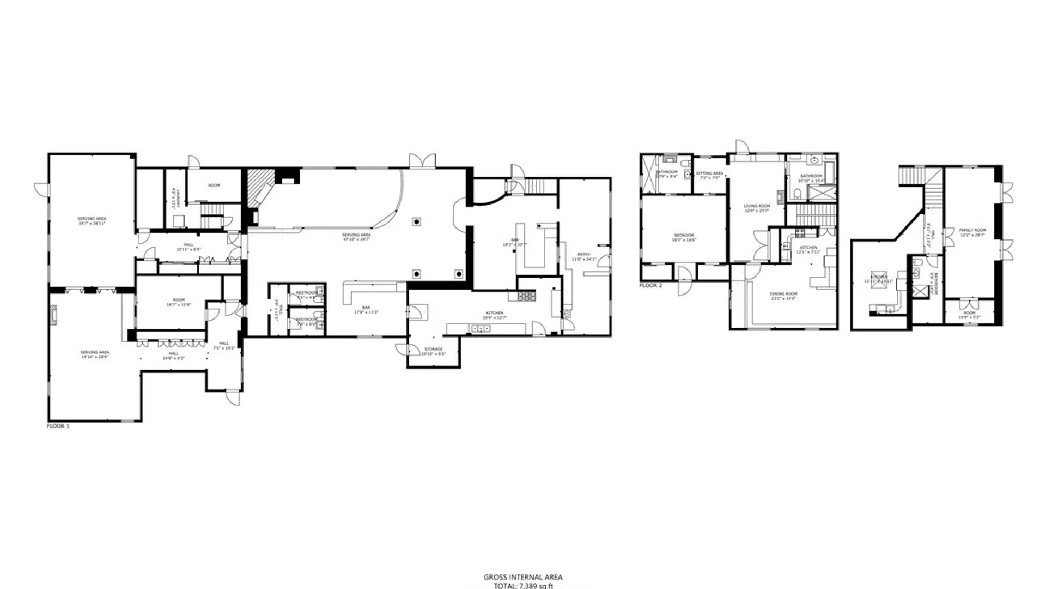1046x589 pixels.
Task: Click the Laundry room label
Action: coord(173,196)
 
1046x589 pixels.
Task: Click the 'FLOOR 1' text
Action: coord(58,426)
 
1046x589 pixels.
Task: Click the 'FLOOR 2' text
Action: coord(650,285)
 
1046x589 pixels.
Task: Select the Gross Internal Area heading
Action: coord(523,577)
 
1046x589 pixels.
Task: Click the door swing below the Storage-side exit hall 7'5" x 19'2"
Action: coord(234,398)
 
